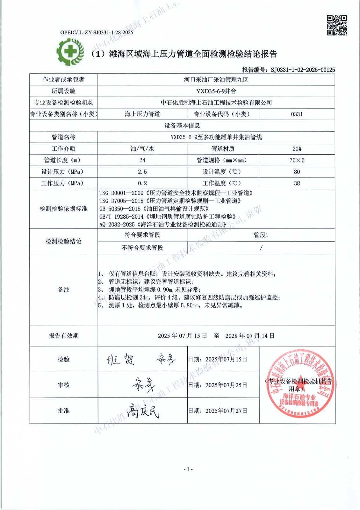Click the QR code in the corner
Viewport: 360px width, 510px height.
(x=337, y=25)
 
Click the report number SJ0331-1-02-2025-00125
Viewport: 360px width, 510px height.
(x=302, y=70)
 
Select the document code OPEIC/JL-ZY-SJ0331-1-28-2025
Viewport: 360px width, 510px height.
(x=97, y=32)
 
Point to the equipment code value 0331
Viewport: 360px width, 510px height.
(x=297, y=114)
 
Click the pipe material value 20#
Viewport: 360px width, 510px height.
(x=297, y=149)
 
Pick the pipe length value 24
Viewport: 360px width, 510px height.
(x=142, y=160)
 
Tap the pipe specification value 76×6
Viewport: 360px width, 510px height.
(x=297, y=160)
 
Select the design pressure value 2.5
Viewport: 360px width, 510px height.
(x=142, y=172)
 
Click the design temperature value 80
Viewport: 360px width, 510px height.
(x=297, y=172)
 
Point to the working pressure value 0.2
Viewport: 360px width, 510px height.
(x=142, y=183)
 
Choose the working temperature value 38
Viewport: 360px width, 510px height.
(x=297, y=183)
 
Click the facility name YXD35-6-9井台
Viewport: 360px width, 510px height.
(x=216, y=91)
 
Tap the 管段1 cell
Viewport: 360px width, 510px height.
(x=261, y=235)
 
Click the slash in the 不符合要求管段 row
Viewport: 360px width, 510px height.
(x=261, y=248)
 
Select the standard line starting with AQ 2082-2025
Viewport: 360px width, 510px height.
(x=163, y=224)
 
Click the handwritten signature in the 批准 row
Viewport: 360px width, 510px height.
(x=142, y=411)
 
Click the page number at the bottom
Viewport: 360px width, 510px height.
(x=188, y=469)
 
